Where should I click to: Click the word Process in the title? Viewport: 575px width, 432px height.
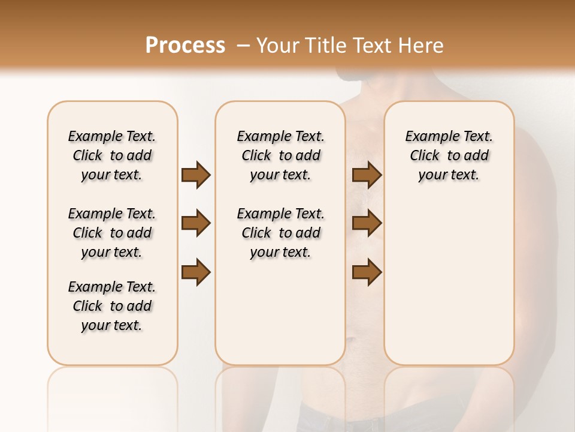point(185,45)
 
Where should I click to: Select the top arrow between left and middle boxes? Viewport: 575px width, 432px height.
point(196,175)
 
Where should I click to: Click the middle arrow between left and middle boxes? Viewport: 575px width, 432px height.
point(196,223)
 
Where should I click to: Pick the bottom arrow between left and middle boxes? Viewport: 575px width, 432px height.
point(196,272)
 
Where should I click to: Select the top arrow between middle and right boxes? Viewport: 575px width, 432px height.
point(367,175)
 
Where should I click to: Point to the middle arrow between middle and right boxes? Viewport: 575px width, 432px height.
point(367,223)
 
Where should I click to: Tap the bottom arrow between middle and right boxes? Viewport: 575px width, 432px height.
point(367,272)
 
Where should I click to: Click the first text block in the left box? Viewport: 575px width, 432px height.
point(112,155)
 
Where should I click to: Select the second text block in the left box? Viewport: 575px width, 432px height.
point(112,233)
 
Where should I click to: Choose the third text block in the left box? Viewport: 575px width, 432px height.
point(112,306)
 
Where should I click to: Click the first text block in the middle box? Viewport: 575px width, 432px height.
point(280,155)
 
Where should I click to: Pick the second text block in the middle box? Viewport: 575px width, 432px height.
point(280,233)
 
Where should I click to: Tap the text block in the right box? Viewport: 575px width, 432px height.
point(449,155)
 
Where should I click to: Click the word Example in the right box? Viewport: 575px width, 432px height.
point(429,137)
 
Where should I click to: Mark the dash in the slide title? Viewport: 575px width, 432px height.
point(243,46)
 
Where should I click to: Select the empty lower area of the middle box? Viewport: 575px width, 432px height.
point(280,312)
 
